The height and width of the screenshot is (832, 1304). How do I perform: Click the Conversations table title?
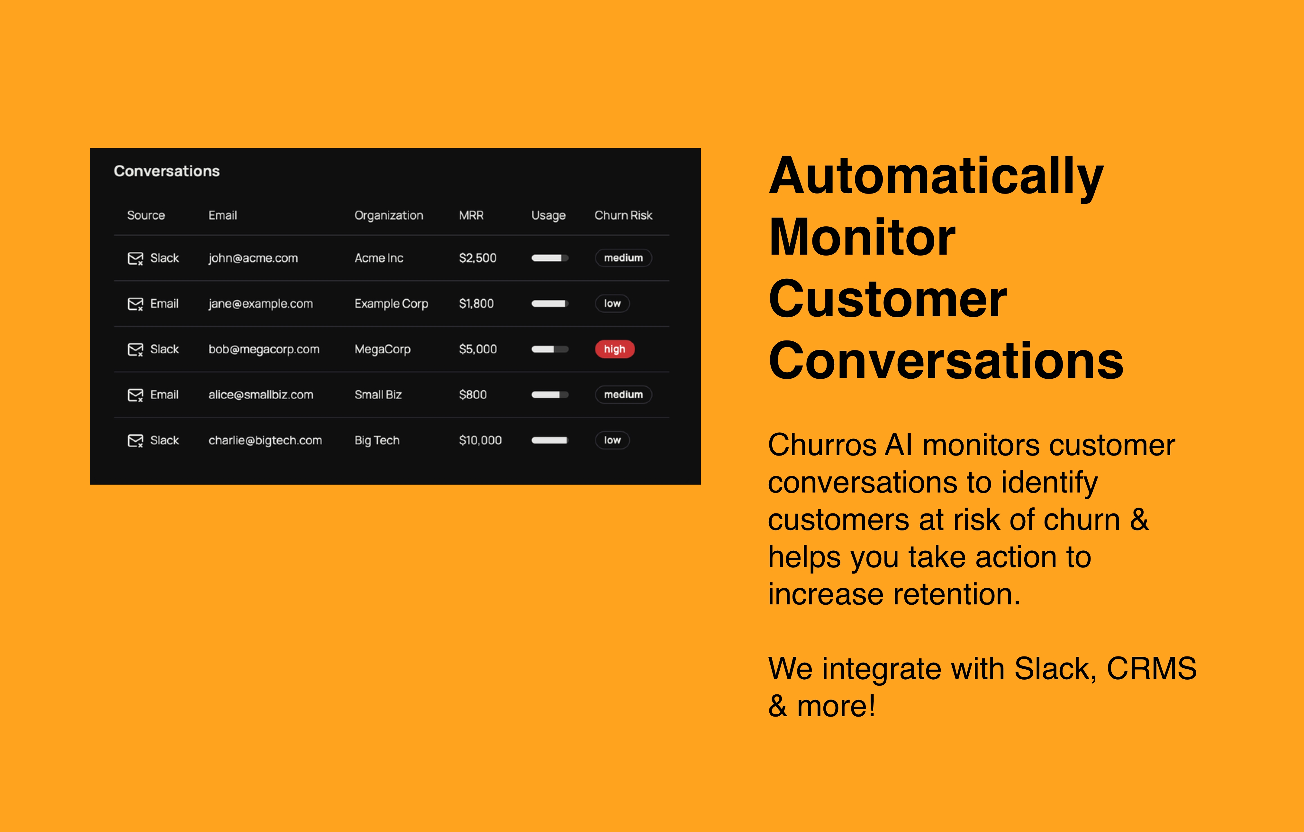point(167,171)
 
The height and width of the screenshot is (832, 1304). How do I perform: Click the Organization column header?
point(389,216)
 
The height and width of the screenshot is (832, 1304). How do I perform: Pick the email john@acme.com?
point(253,258)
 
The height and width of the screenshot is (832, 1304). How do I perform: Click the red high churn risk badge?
point(615,349)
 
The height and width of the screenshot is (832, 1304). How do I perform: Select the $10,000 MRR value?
point(480,440)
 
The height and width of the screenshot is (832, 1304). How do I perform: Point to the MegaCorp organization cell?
point(382,349)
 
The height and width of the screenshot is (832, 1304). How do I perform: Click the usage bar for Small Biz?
point(550,395)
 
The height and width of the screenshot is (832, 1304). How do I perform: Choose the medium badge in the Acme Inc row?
point(623,258)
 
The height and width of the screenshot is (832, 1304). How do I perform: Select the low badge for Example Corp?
point(612,303)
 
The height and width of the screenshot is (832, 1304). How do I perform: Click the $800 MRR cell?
point(473,395)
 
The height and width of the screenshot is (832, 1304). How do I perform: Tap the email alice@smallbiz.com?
point(261,395)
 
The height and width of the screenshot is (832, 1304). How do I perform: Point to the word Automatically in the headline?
point(936,176)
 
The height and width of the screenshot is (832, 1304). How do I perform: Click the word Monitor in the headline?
point(862,237)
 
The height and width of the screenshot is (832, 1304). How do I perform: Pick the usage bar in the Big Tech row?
point(550,440)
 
